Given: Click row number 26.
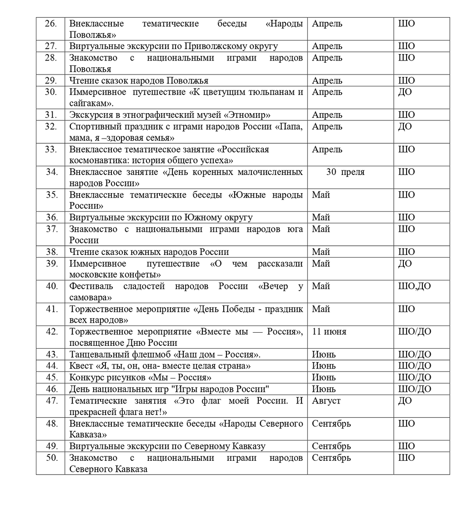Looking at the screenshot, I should click(51, 24).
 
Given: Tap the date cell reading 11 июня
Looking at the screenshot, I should click(329, 332).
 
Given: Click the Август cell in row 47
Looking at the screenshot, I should click(326, 401).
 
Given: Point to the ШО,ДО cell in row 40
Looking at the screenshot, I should click(414, 286).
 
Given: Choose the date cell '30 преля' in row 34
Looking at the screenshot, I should click(346, 172).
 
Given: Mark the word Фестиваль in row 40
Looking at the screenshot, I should click(90, 286).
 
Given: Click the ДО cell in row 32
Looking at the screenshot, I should click(405, 127).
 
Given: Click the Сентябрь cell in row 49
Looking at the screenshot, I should click(331, 446).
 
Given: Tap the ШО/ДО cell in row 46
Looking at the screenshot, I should click(414, 389).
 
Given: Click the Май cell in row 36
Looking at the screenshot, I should click(321, 218).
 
